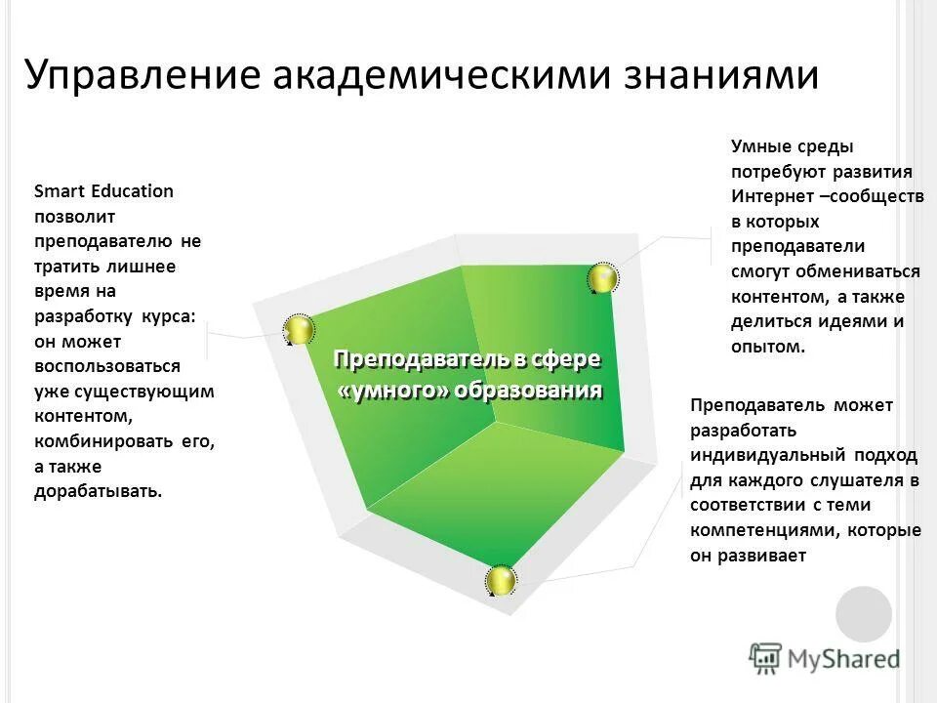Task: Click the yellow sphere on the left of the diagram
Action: point(298,330)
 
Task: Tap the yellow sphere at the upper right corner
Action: point(602,278)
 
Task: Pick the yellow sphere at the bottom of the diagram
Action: point(501,581)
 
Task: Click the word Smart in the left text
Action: point(57,191)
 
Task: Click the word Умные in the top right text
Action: point(758,147)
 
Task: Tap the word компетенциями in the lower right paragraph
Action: point(764,531)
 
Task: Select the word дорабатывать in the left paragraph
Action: point(98,491)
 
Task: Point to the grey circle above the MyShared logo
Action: point(864,613)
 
